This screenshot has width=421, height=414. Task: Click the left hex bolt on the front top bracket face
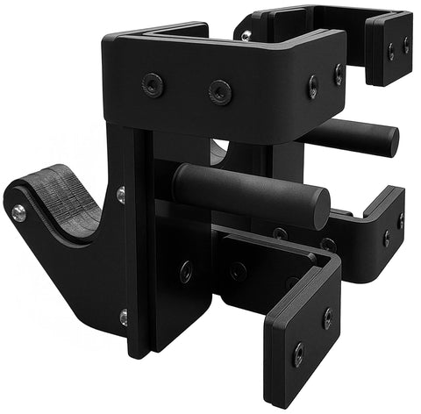(x=153, y=84)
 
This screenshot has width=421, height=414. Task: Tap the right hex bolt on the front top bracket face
(x=219, y=91)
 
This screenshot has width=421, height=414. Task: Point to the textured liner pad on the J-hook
(x=61, y=196)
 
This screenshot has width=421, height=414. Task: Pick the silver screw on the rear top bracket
(x=246, y=35)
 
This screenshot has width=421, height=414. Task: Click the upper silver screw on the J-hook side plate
(x=121, y=193)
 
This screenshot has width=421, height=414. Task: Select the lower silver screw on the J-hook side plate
(x=124, y=314)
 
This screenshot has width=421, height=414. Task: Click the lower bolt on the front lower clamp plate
(x=298, y=354)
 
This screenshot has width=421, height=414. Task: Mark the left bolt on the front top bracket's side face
(x=313, y=85)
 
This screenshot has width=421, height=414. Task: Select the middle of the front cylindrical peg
(x=250, y=194)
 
